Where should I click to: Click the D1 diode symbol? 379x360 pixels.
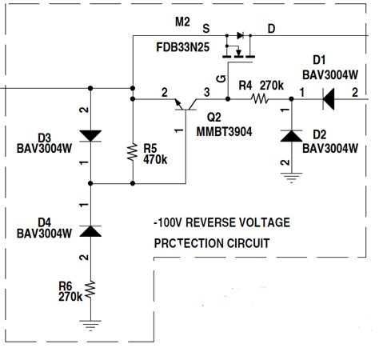pos(329,99)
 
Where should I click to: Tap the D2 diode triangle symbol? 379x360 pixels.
pos(291,136)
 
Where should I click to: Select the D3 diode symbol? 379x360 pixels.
pos(90,136)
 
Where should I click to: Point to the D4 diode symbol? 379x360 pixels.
pos(90,231)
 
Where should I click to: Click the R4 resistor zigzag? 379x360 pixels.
pos(260,99)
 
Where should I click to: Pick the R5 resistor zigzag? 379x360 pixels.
pos(133,152)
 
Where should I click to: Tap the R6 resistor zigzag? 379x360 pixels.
pos(90,289)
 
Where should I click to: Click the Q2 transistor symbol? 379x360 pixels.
pos(186,105)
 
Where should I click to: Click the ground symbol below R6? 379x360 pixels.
pos(90,326)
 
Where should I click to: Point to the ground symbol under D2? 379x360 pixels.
pos(291,178)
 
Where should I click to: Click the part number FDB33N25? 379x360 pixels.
pos(182,47)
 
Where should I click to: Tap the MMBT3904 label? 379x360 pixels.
pos(224,132)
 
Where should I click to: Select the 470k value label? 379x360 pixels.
pos(155,159)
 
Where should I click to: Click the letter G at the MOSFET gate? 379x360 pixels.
pos(221,78)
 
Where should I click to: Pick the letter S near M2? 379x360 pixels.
pos(206,28)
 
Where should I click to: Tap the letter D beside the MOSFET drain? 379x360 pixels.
pos(271,28)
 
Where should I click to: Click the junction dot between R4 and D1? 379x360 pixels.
pos(291,99)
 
